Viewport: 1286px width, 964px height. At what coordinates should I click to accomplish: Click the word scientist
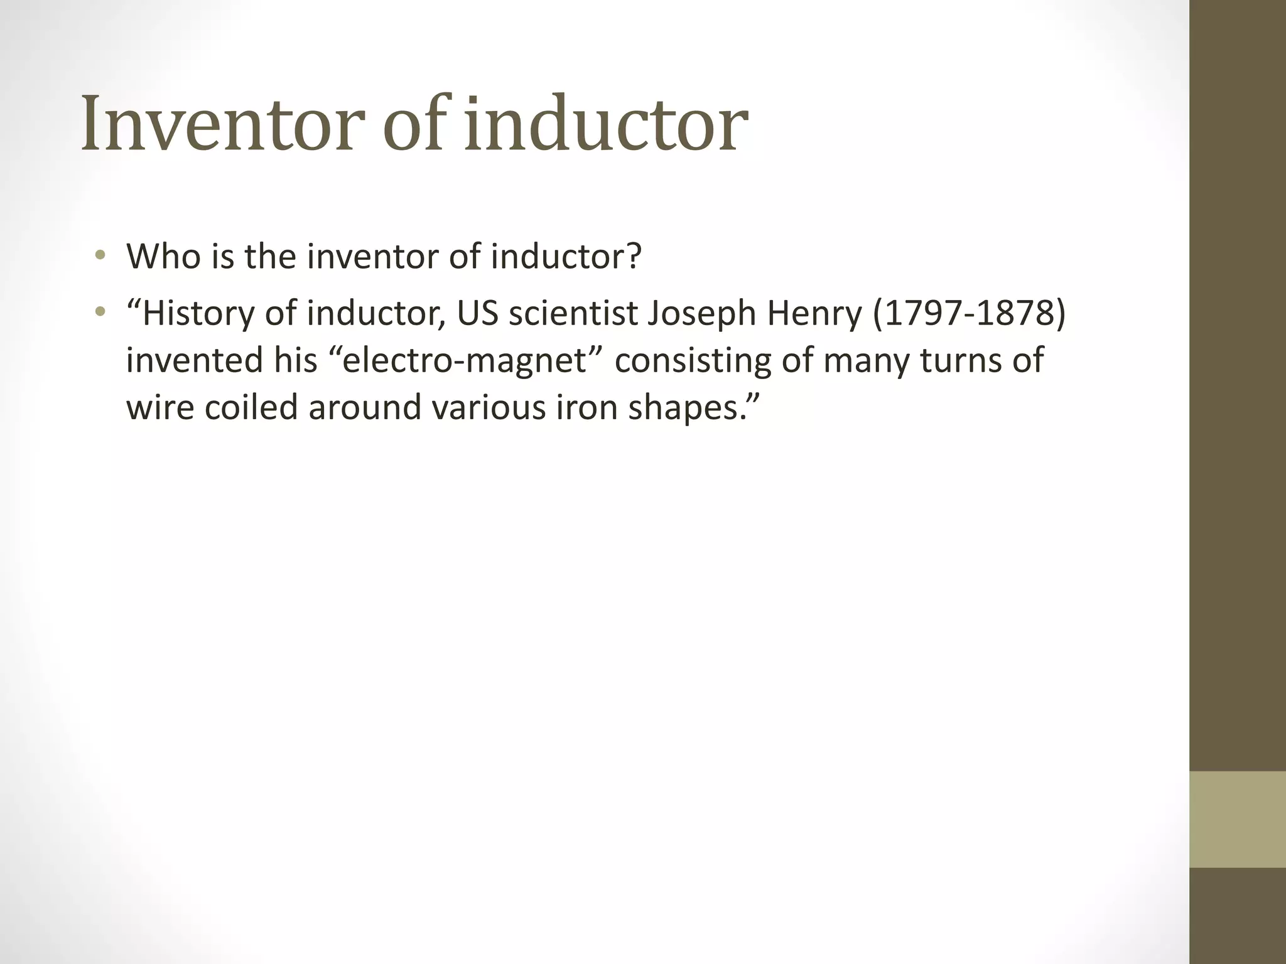pos(573,313)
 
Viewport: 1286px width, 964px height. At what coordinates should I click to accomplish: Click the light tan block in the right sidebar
pos(1238,819)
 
